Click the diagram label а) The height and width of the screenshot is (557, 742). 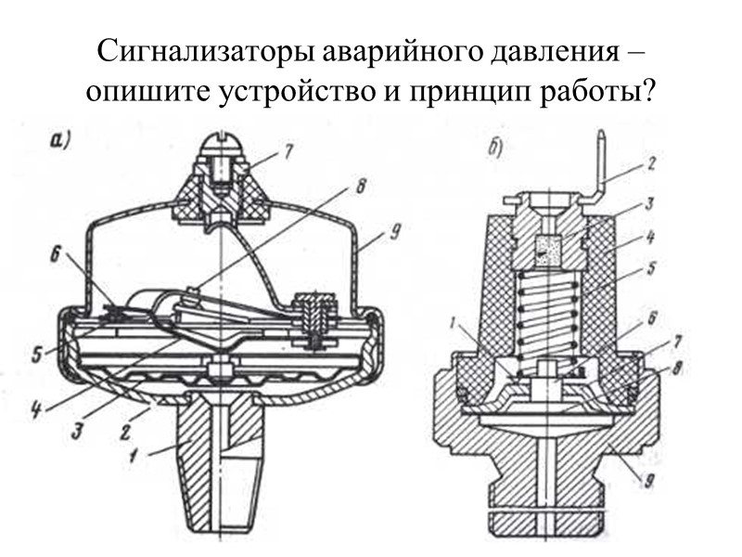(61, 141)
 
